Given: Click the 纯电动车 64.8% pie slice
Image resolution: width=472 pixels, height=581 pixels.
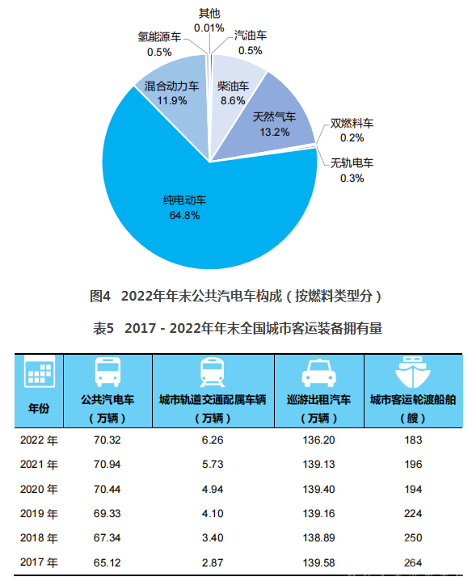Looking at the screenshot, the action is pyautogui.click(x=208, y=215).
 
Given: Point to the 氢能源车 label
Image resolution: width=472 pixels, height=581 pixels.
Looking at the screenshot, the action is pyautogui.click(x=160, y=36).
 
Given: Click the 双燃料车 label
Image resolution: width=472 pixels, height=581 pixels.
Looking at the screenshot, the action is pyautogui.click(x=352, y=123).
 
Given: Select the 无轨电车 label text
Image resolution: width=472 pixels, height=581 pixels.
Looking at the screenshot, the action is pyautogui.click(x=352, y=162).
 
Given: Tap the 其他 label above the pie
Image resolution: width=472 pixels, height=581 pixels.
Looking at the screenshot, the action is pyautogui.click(x=209, y=14).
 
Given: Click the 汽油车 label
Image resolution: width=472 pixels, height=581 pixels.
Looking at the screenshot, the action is pyautogui.click(x=251, y=36).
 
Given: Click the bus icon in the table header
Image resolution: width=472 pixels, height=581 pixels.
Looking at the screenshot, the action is pyautogui.click(x=107, y=372).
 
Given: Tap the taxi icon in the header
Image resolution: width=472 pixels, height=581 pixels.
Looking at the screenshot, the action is pyautogui.click(x=319, y=373).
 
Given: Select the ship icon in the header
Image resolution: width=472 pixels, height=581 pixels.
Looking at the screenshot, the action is pyautogui.click(x=413, y=372).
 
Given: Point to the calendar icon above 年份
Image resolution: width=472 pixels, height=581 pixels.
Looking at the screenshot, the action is pyautogui.click(x=40, y=371).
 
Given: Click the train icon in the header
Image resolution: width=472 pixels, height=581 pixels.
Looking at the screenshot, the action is pyautogui.click(x=213, y=372).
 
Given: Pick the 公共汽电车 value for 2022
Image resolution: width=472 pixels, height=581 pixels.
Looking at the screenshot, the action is pyautogui.click(x=107, y=440).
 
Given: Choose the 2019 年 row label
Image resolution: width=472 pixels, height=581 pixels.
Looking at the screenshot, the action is pyautogui.click(x=39, y=514).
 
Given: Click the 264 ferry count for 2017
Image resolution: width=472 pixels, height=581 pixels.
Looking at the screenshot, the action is pyautogui.click(x=413, y=562).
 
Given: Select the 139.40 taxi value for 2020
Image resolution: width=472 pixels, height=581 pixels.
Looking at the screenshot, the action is pyautogui.click(x=318, y=489).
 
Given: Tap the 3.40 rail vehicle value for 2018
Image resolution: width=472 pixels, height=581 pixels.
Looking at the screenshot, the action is pyautogui.click(x=213, y=537).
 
